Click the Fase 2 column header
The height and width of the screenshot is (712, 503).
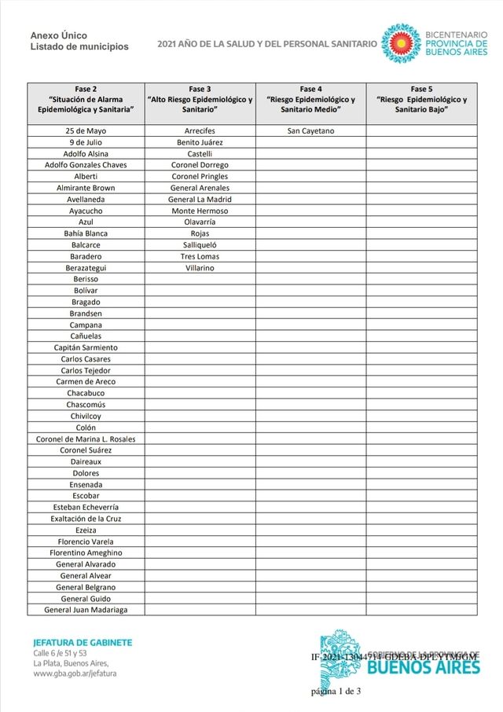coord(86,100)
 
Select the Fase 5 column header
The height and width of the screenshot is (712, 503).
coord(421,100)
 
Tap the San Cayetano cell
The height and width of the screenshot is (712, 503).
coord(311,130)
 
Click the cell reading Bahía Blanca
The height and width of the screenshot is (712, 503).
coord(86,233)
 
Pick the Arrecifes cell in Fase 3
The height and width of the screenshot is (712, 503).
coord(200,130)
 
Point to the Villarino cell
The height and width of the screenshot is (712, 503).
coord(200,268)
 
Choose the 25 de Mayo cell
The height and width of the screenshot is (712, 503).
coord(86,130)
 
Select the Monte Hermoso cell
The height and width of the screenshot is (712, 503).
coord(200,211)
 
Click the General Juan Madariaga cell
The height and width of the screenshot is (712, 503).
coord(86,610)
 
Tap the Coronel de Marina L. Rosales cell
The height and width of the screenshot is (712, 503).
coord(86,439)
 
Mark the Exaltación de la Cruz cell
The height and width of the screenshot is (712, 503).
coord(86,519)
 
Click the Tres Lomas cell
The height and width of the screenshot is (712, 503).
coord(200,256)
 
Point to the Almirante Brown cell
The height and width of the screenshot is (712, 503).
coord(86,188)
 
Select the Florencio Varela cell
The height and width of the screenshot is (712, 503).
coord(86,541)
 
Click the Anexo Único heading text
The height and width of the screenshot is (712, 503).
coord(59,35)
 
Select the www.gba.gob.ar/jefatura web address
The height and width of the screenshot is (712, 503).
coord(75,674)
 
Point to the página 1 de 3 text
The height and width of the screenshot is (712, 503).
coord(336,692)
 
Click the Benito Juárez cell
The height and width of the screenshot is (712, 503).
coord(200,142)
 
